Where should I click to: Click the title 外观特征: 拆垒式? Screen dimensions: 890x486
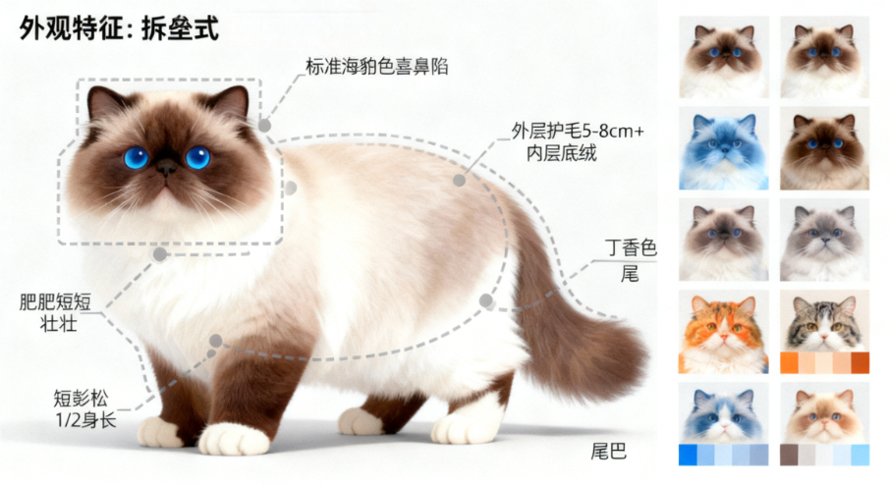point(119,28)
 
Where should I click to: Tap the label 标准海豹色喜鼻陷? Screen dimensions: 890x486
point(377,67)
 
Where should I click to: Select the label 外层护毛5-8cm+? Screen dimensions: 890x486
point(578,131)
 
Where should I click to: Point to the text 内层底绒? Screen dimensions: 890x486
point(561,153)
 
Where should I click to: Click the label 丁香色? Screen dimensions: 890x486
point(631,247)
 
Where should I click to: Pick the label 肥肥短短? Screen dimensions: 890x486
point(55,301)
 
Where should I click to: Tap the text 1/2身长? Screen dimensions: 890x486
point(85,420)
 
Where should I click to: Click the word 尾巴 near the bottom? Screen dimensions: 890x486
point(608,452)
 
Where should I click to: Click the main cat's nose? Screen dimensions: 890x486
point(166,166)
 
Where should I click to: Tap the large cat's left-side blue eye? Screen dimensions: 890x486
point(137,157)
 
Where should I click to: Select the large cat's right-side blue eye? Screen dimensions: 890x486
point(197,157)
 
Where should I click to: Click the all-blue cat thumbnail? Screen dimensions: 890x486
point(724,148)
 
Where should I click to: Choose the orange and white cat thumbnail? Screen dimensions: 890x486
point(724,332)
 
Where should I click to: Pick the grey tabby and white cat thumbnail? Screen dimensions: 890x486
point(825,321)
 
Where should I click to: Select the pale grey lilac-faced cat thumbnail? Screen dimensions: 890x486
point(825,240)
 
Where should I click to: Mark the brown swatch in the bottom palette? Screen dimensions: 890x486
point(789,455)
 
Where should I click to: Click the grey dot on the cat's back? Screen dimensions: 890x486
point(459,181)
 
